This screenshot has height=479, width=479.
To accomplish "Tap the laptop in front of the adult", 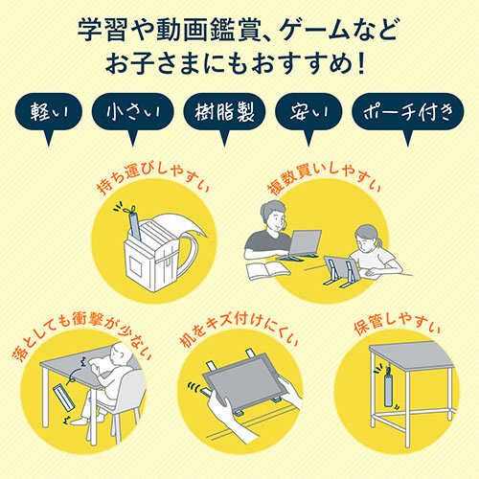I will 308,245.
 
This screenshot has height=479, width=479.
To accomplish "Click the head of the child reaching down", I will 119,360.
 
